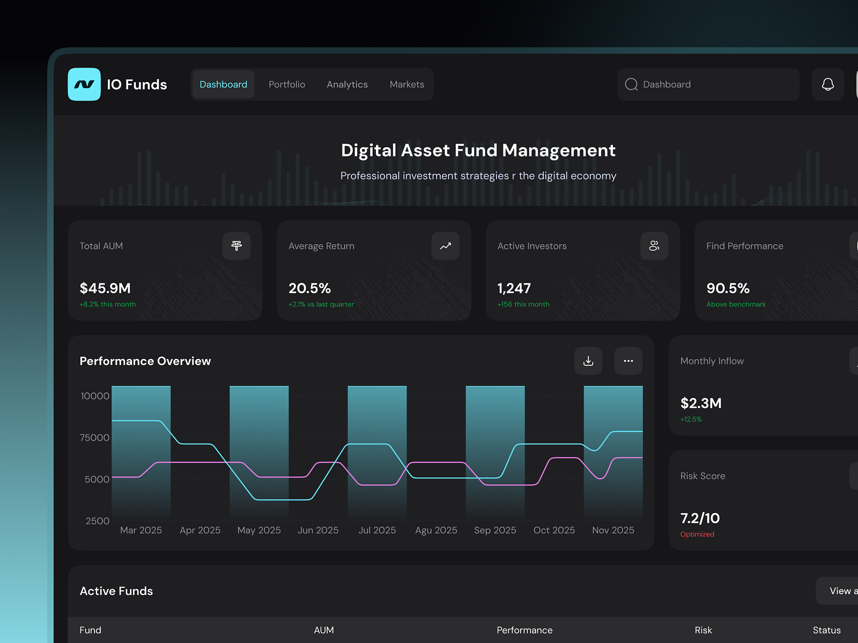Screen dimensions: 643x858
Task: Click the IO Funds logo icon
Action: (84, 84)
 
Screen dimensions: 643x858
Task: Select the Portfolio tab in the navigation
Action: (287, 84)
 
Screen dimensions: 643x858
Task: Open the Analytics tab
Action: (347, 84)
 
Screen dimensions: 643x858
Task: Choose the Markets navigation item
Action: (406, 84)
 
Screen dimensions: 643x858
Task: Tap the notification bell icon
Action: (827, 84)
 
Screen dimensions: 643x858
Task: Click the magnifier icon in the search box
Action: (631, 84)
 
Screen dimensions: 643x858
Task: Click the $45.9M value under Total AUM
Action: (105, 288)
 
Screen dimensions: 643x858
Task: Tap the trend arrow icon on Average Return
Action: (445, 246)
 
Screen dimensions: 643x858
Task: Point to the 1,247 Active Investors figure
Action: (514, 288)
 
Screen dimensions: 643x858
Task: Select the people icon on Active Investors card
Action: (654, 246)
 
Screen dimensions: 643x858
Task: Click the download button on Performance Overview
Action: (588, 361)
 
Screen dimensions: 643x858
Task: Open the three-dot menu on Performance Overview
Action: (628, 361)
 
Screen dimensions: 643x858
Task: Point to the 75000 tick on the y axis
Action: (94, 438)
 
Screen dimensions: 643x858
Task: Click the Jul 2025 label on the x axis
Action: (377, 530)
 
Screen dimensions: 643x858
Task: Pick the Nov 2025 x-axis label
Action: (613, 530)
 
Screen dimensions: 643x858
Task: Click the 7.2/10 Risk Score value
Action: (700, 518)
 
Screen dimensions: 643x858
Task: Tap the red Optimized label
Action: (697, 534)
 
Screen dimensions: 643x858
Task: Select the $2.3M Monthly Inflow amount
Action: (701, 403)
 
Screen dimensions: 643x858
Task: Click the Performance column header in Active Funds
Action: (524, 630)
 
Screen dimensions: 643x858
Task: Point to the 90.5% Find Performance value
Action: (728, 288)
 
